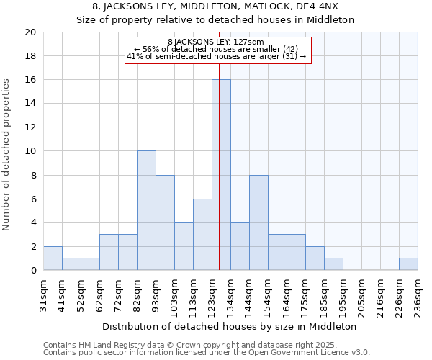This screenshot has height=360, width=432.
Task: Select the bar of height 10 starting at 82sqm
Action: coord(146,211)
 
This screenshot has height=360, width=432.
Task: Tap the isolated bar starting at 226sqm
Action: coord(408,264)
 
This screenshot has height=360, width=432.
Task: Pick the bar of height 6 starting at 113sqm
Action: coord(202,235)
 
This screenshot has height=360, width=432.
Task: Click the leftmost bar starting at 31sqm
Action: coord(53,258)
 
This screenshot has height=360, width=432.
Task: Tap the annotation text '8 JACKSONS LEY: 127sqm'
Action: coord(216,42)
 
